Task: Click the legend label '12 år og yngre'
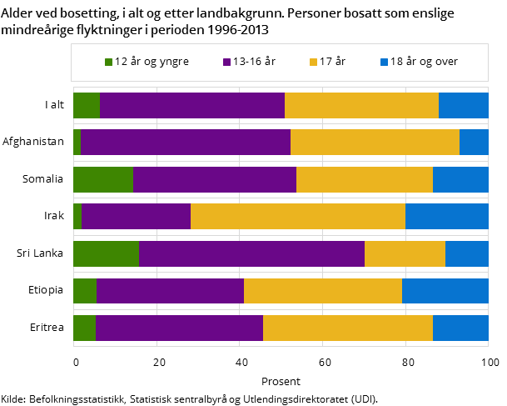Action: coord(152,62)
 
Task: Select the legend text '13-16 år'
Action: coord(254,62)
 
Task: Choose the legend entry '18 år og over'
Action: coord(424,62)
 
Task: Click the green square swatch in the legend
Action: coord(109,62)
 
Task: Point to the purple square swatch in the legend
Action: coord(227,62)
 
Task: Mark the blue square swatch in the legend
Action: coord(385,62)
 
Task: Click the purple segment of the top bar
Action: coord(192,106)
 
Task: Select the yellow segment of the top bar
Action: coord(361,106)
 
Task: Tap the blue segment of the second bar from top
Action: coord(474,143)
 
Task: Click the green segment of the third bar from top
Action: coord(103,180)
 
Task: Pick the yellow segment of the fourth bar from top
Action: coord(298,217)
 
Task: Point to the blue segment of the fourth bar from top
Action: coord(447,217)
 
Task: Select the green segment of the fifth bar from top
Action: coord(106,253)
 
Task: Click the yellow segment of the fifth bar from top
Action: coord(405,253)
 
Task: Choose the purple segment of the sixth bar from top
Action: coord(170,291)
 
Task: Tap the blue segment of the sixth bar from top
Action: coord(445,291)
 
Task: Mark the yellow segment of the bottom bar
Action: coord(348,328)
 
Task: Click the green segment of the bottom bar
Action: coord(84,328)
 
